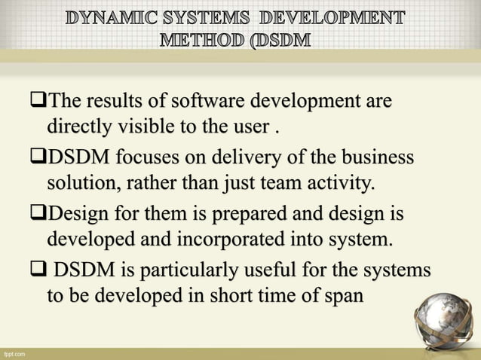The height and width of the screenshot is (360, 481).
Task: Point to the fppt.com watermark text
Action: coord(14,352)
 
